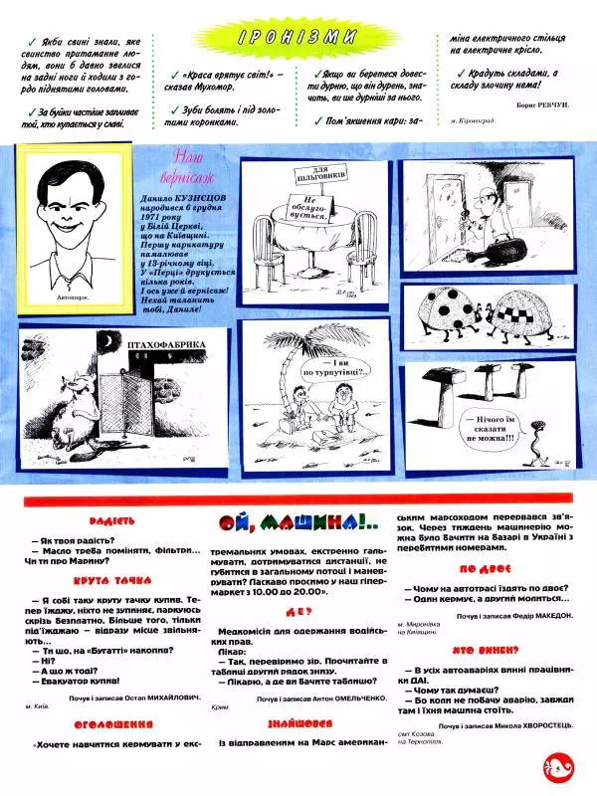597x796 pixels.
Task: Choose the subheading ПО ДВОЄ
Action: point(486,569)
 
